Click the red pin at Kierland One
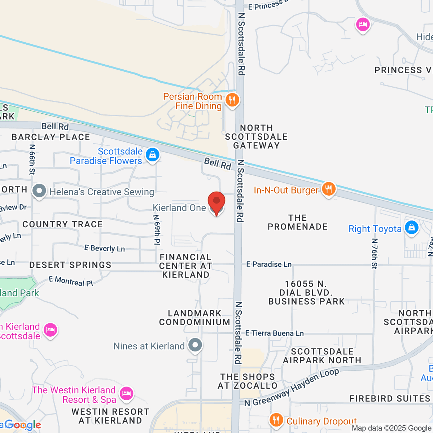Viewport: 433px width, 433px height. (x=216, y=201)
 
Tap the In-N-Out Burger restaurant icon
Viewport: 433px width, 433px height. (x=328, y=189)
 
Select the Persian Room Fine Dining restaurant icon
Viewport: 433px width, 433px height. (x=232, y=100)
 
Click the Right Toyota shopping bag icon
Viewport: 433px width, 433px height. (x=411, y=228)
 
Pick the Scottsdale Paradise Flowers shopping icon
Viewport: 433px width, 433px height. (x=152, y=155)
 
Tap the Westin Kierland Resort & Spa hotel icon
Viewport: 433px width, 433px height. (x=126, y=393)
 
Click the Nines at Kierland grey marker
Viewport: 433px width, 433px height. (x=195, y=345)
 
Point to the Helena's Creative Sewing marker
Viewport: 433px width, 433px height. (x=39, y=191)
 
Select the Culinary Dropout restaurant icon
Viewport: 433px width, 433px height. (x=276, y=420)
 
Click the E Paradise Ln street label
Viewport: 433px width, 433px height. (x=269, y=264)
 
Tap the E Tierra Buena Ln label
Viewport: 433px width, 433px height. (x=274, y=333)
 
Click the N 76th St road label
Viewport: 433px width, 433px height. (x=375, y=253)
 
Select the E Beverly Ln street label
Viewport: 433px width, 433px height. (x=105, y=248)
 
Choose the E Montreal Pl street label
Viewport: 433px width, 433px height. (x=71, y=281)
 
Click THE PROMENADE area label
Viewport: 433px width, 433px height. (x=298, y=222)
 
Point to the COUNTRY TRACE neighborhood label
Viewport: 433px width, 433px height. (x=62, y=224)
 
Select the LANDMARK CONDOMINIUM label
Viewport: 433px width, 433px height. (x=194, y=318)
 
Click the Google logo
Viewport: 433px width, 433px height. (x=22, y=425)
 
